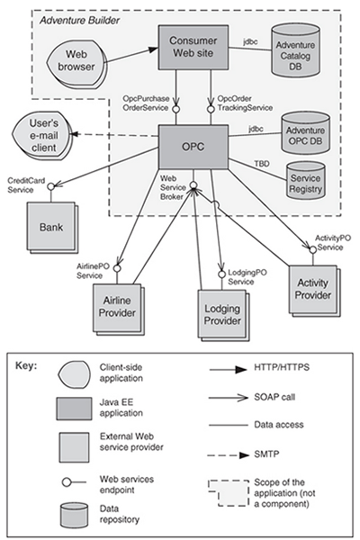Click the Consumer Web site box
point(193,47)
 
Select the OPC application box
point(193,147)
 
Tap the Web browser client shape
point(76,60)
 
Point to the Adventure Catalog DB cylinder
point(295,50)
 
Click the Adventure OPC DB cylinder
point(306,132)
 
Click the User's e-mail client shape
point(42,135)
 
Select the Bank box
point(52,228)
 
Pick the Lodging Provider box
point(223,315)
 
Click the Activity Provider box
point(314,291)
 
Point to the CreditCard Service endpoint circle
point(51,186)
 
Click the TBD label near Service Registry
point(262,164)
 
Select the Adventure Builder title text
point(79,21)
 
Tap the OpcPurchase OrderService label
point(146,103)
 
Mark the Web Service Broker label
point(173,188)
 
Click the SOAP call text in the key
point(274,397)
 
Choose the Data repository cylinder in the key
point(74,515)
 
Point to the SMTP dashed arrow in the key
point(229,455)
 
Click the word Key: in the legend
point(26,365)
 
